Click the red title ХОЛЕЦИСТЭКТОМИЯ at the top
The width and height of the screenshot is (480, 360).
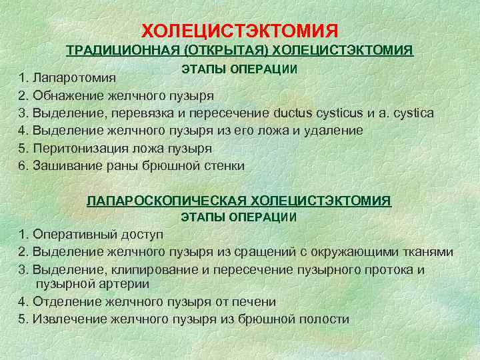tap(241, 31)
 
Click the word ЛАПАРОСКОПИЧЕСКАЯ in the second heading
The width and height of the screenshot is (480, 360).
tap(166, 200)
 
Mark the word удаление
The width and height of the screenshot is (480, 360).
tap(337, 130)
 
